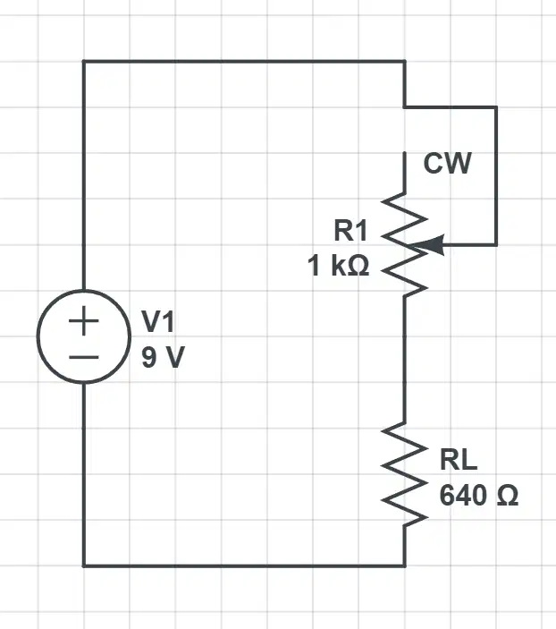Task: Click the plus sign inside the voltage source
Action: [84, 320]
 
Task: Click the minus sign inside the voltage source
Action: [84, 357]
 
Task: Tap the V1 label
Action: [158, 322]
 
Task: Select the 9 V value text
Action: [163, 357]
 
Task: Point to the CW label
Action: [447, 163]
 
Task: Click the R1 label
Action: [350, 231]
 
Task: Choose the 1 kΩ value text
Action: [338, 266]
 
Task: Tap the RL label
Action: [459, 460]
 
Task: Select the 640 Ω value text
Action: [479, 495]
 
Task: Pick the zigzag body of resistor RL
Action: [404, 473]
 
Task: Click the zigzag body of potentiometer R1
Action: [404, 244]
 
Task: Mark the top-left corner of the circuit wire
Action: [84, 62]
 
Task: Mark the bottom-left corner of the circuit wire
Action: [84, 565]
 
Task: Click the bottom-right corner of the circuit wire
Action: [404, 565]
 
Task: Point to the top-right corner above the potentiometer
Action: [404, 62]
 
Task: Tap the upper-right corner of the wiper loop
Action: [496, 107]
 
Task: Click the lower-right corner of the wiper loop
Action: [496, 244]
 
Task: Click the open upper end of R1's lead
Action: [404, 153]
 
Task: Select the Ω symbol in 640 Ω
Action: [508, 495]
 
